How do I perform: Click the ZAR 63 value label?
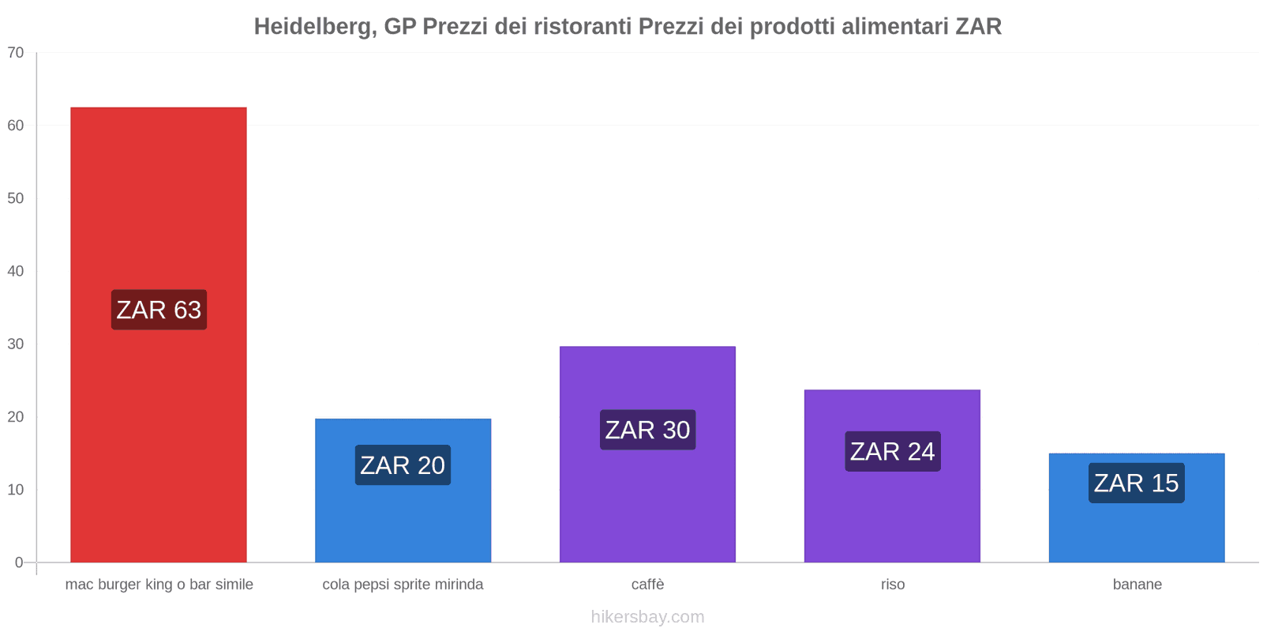159,310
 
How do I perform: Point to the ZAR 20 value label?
403,465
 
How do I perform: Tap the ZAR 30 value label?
647,430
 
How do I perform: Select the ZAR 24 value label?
892,451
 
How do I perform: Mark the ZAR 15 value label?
1136,483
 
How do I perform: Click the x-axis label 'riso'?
893,585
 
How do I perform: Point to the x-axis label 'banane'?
1137,585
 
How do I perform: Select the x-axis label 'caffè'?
647,585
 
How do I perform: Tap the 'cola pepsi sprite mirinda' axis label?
403,585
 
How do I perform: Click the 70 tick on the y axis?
16,53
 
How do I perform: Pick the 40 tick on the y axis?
16,271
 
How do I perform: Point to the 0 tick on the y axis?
19,562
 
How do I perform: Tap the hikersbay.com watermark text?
647,617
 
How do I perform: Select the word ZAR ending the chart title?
978,27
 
